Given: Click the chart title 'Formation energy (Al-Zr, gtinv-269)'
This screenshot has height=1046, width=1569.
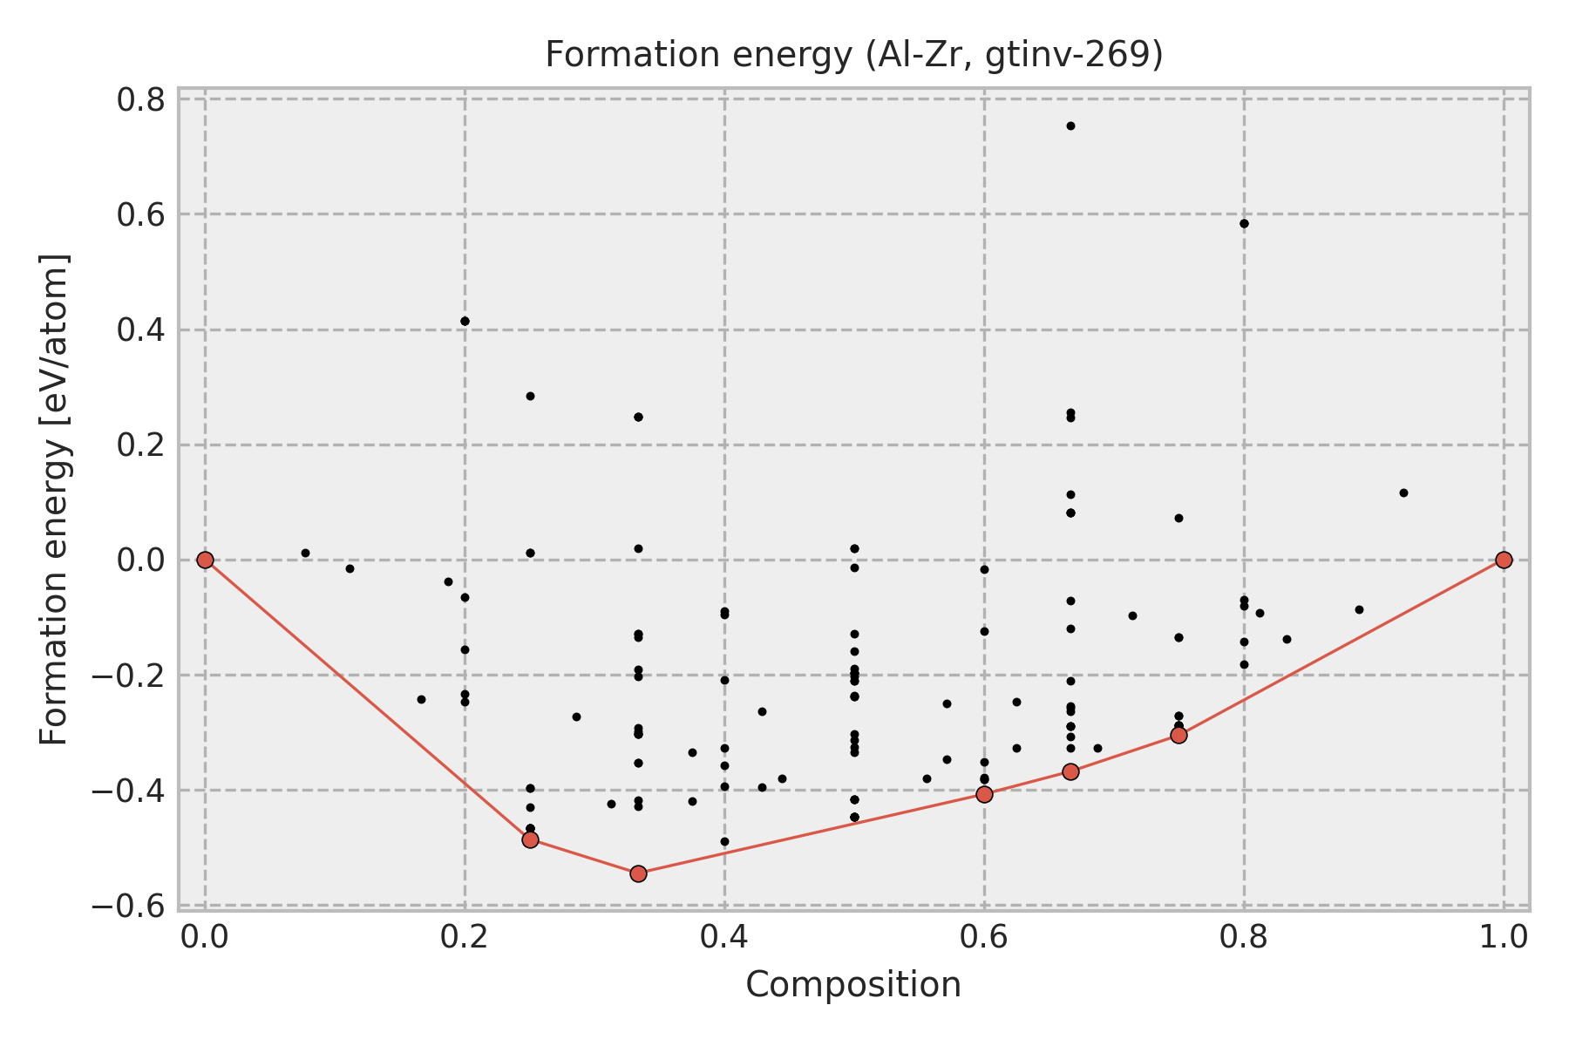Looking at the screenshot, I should [853, 55].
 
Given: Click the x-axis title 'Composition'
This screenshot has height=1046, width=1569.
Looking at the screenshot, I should [853, 985].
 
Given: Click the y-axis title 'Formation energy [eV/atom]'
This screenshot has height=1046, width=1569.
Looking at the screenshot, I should [54, 499].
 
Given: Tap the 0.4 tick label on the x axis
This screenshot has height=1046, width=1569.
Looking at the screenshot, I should [724, 937].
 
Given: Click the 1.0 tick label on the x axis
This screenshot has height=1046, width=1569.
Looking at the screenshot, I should [1504, 937].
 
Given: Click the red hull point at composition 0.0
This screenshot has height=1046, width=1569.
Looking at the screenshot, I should [205, 560].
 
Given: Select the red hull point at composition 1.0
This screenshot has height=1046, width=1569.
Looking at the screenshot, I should [1504, 560].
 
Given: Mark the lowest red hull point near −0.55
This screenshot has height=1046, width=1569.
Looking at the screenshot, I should [638, 873].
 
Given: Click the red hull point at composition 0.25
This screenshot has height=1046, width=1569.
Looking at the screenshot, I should [530, 839].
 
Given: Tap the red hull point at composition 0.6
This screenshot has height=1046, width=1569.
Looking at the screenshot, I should [984, 794].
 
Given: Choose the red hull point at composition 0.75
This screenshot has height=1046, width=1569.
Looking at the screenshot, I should [1178, 735].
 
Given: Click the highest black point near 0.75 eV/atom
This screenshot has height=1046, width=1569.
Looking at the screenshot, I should [1070, 126].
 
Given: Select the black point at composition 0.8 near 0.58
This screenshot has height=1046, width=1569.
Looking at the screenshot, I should [1244, 223].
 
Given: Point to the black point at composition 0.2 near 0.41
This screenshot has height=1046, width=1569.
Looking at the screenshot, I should [465, 321].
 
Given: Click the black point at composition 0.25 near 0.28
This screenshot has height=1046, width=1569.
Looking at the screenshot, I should [530, 396].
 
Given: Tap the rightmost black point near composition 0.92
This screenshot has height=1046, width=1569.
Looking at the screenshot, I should [1403, 492].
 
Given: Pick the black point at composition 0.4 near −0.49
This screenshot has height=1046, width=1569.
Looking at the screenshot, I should [724, 841].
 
